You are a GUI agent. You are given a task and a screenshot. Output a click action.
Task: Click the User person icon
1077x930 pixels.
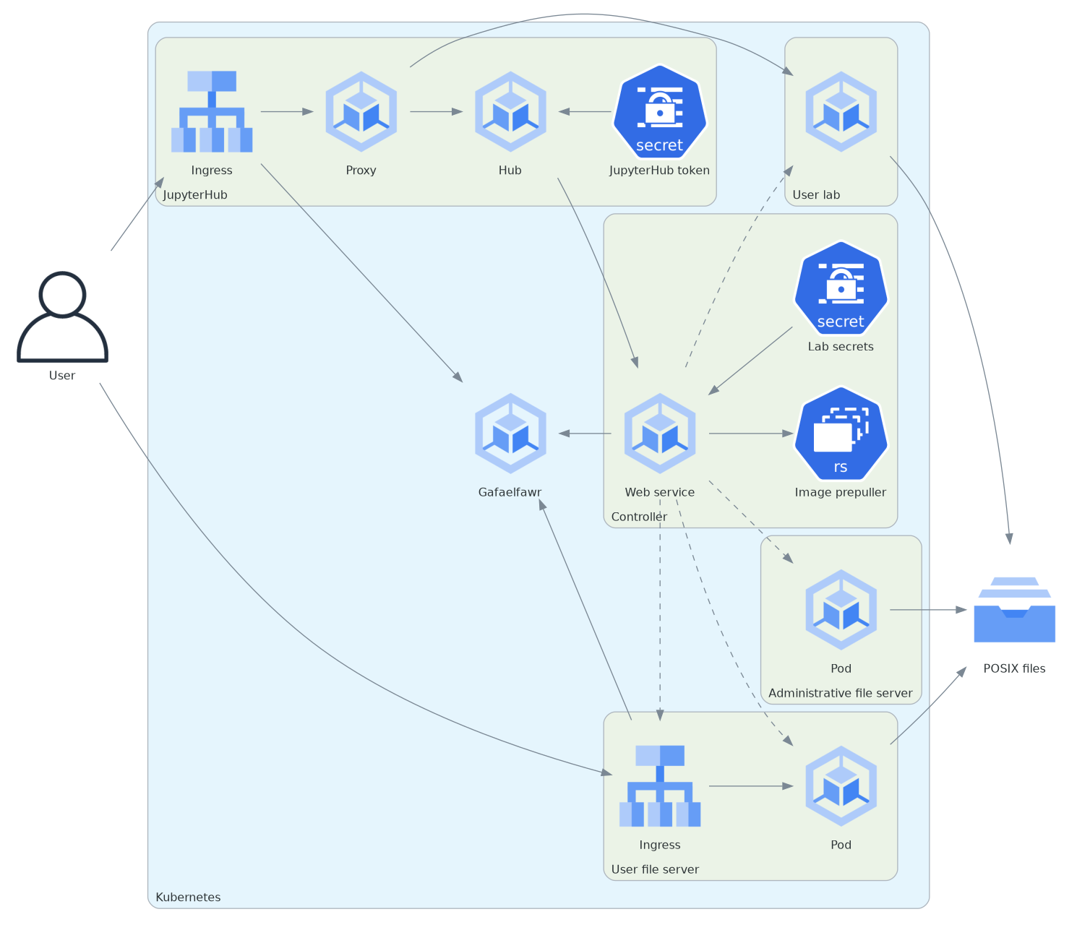click(62, 317)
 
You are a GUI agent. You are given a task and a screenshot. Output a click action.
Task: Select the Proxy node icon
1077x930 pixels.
click(361, 112)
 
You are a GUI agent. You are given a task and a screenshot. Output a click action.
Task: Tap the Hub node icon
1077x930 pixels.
click(510, 112)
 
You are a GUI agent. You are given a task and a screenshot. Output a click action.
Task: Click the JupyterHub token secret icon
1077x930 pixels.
click(659, 112)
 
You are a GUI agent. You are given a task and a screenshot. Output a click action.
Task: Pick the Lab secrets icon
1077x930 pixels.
click(841, 288)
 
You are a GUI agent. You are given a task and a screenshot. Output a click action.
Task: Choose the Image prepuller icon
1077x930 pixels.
click(841, 434)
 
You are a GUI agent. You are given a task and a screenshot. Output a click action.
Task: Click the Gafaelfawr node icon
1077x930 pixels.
click(510, 434)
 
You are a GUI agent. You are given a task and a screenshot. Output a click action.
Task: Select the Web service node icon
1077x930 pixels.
click(659, 434)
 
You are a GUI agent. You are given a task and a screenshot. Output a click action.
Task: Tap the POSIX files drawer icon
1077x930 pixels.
click(1014, 610)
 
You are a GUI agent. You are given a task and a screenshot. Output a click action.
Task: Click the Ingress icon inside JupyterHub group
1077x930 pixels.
click(212, 112)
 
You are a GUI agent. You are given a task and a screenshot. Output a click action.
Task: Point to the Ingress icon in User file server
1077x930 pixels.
click(659, 786)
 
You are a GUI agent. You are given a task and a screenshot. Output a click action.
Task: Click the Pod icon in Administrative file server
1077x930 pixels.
click(841, 610)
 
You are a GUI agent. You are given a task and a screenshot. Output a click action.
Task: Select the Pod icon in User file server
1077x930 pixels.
click(841, 786)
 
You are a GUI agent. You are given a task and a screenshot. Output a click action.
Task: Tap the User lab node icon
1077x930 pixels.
click(841, 112)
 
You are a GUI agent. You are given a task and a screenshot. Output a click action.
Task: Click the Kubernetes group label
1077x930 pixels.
click(188, 897)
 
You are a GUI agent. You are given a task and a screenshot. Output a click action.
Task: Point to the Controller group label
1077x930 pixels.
click(639, 517)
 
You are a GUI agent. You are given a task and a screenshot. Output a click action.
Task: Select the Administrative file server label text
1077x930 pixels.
click(840, 693)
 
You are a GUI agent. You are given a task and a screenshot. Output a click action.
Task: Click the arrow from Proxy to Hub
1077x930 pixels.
click(436, 112)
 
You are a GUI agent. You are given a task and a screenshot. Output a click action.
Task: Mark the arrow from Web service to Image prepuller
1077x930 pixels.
click(751, 434)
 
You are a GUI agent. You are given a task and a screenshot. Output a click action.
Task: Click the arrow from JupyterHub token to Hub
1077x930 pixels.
click(585, 112)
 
